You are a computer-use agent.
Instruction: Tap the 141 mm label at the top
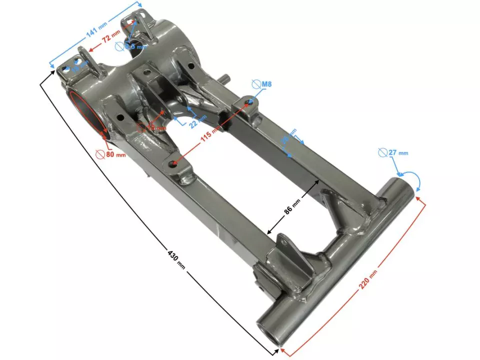click(x=95, y=30)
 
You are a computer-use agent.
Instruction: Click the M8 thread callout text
click(x=267, y=84)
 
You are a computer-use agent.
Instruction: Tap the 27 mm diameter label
click(x=398, y=152)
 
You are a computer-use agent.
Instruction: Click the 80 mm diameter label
click(x=115, y=154)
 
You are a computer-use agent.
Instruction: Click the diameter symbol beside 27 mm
click(x=382, y=152)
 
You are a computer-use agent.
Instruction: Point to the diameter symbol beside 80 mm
click(x=100, y=154)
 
